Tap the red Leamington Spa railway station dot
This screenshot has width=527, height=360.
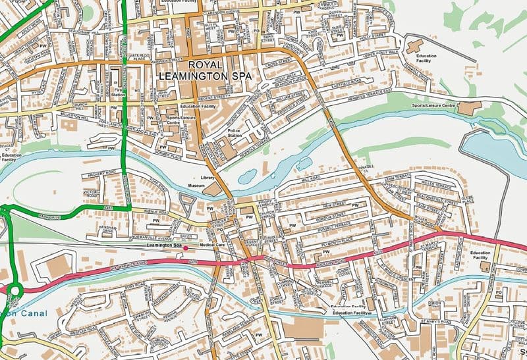point(186,247)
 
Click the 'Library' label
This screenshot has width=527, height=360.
point(208,178)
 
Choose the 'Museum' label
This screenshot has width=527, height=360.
point(196,187)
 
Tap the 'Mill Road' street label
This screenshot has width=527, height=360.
point(310,178)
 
